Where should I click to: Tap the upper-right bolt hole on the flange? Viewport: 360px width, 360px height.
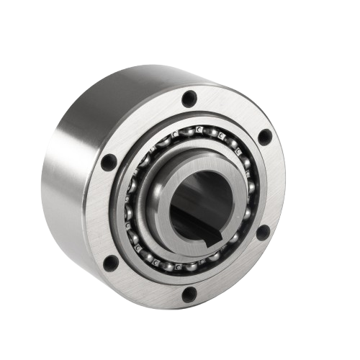pos(264,134)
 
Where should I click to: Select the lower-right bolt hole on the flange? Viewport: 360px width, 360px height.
pos(264,232)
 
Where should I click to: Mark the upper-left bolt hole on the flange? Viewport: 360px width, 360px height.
pos(110,160)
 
